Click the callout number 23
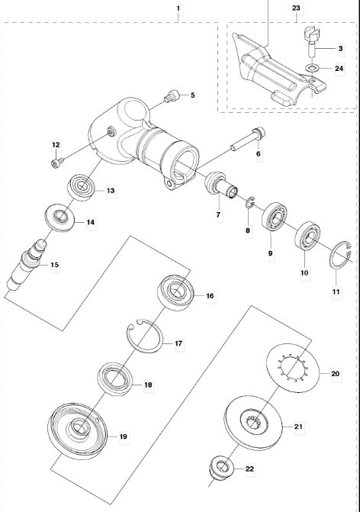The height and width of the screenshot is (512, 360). click(x=296, y=8)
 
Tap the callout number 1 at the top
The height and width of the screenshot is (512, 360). click(x=178, y=8)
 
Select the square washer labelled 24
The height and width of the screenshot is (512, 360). click(x=313, y=68)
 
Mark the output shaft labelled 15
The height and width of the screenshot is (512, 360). click(x=82, y=186)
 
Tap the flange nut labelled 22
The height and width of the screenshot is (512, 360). click(x=222, y=469)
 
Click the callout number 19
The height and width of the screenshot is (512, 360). click(x=124, y=436)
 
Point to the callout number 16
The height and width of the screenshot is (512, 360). click(x=210, y=296)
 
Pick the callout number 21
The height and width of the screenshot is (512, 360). click(x=299, y=427)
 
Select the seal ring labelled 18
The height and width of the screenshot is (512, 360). click(x=116, y=378)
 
